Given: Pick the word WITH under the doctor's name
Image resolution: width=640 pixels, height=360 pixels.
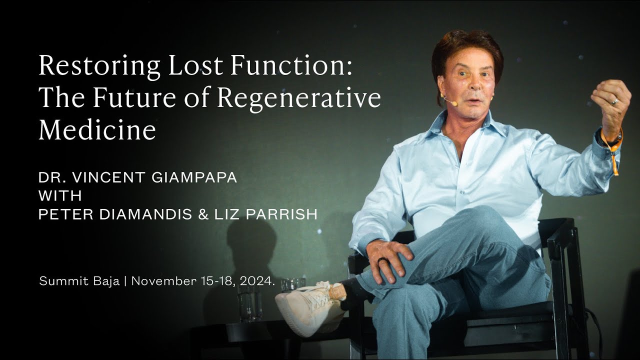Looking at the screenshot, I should click(60, 195).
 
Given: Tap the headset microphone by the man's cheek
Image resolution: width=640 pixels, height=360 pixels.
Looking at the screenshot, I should click(450, 101).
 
